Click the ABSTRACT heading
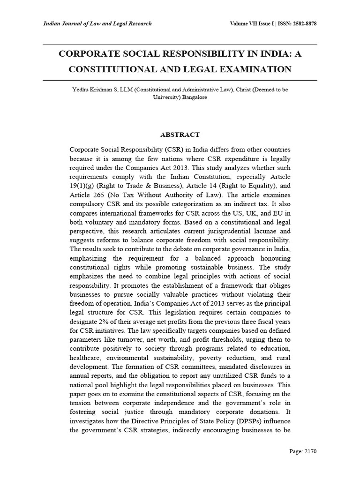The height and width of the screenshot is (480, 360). pos(180,135)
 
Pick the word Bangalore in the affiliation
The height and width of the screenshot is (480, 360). pos(190,98)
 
